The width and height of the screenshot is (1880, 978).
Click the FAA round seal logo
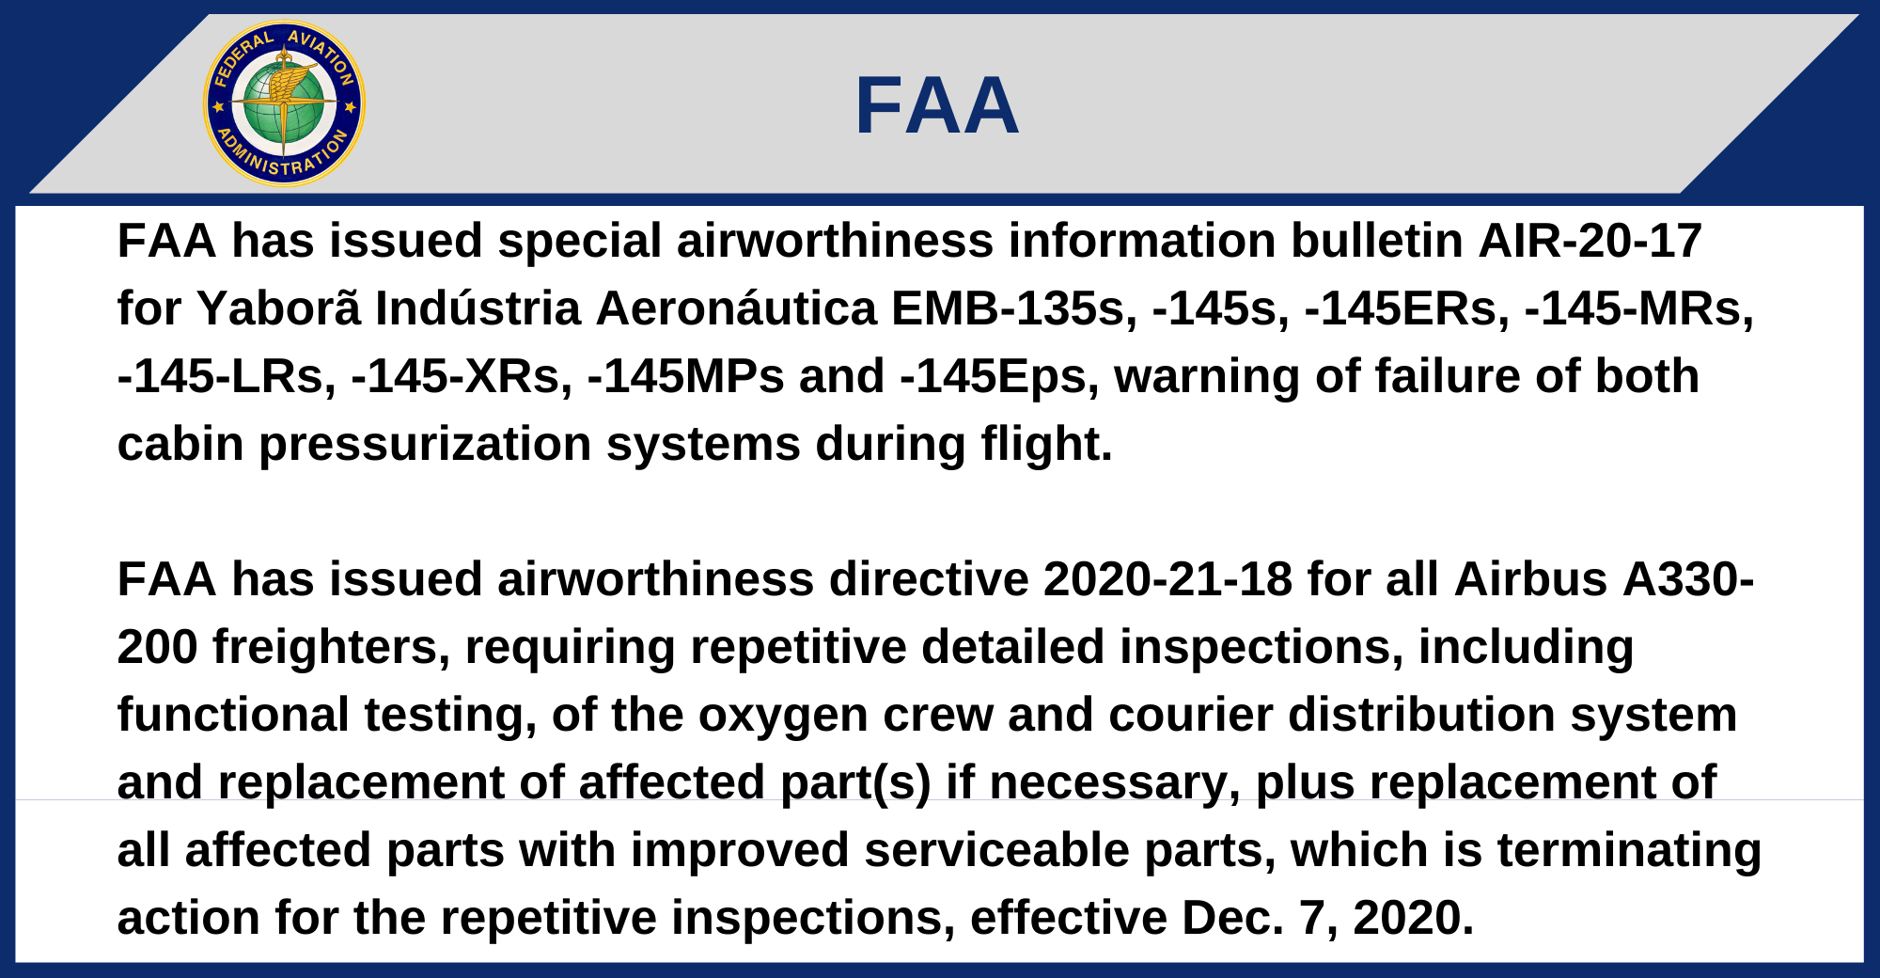[284, 103]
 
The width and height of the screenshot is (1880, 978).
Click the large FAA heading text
[937, 106]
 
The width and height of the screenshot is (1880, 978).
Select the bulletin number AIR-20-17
[1590, 241]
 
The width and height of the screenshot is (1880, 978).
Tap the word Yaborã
[278, 308]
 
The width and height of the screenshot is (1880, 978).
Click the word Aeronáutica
[737, 308]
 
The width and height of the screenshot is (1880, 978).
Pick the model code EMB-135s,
[1014, 308]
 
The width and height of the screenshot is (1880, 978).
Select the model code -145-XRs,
[462, 376]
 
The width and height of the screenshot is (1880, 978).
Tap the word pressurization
[425, 445]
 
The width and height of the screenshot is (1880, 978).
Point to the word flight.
[1047, 444]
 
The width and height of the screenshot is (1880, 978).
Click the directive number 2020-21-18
[1167, 579]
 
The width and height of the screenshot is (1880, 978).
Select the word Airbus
[1531, 579]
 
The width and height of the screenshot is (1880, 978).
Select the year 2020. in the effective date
[1414, 918]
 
